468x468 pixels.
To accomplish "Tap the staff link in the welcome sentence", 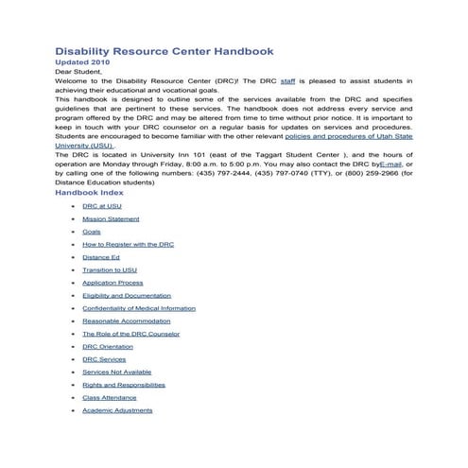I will [288, 81].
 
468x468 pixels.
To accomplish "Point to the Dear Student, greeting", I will [78, 72].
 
